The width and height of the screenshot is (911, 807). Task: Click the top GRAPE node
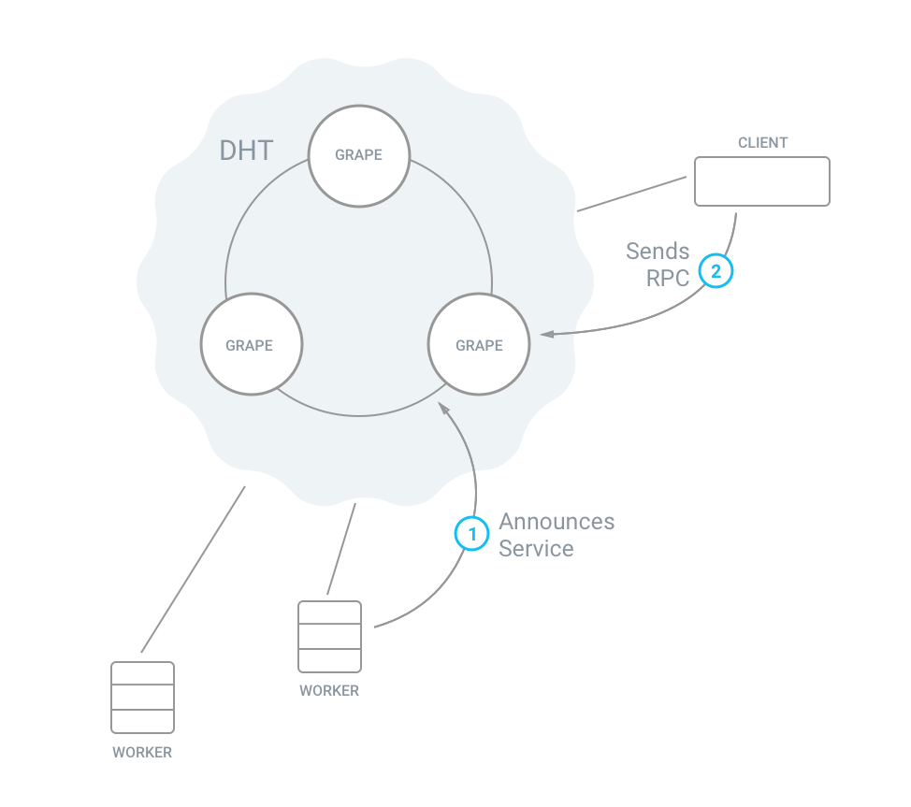pyautogui.click(x=359, y=154)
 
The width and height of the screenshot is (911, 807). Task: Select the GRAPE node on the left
pyautogui.click(x=250, y=344)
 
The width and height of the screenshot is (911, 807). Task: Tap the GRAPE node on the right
pyautogui.click(x=479, y=344)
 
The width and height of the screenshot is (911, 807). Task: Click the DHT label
pyautogui.click(x=246, y=151)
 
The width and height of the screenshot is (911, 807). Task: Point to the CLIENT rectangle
pyautogui.click(x=761, y=180)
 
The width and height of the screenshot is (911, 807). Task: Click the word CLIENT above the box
pyautogui.click(x=762, y=143)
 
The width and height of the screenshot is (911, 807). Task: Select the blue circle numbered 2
pyautogui.click(x=716, y=271)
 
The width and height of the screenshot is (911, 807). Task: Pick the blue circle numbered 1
pyautogui.click(x=471, y=534)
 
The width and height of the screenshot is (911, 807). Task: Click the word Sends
pyautogui.click(x=658, y=252)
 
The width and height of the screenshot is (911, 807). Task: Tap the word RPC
pyautogui.click(x=668, y=278)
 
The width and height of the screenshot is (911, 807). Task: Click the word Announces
pyautogui.click(x=557, y=522)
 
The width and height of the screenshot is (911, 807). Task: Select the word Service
pyautogui.click(x=536, y=549)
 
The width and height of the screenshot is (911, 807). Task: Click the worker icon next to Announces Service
pyautogui.click(x=329, y=636)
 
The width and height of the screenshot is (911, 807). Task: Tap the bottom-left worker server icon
pyautogui.click(x=142, y=698)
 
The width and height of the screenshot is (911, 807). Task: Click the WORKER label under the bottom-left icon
pyautogui.click(x=142, y=752)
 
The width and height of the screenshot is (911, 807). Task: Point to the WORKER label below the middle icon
pyautogui.click(x=329, y=691)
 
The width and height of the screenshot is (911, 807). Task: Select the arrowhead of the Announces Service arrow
pyautogui.click(x=443, y=409)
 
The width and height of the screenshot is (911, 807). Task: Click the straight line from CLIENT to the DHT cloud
pyautogui.click(x=632, y=194)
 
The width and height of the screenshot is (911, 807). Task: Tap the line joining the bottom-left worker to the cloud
pyautogui.click(x=193, y=569)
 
